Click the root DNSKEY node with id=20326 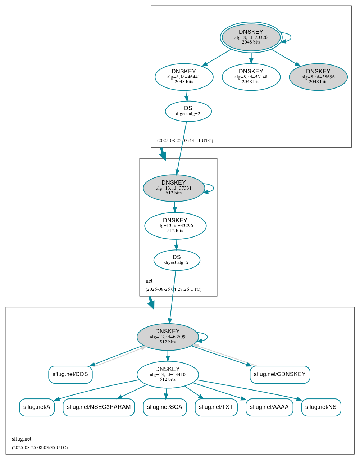(x=251, y=37)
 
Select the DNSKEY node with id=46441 (x=184, y=77)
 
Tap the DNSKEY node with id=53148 (x=251, y=77)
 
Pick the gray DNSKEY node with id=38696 (x=318, y=77)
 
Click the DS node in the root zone (x=188, y=111)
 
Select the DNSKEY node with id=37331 (x=174, y=188)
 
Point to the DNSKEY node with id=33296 (x=175, y=226)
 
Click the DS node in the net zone (x=177, y=260)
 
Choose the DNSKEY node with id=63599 (x=168, y=337)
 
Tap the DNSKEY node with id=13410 (x=168, y=375)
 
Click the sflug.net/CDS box (x=70, y=374)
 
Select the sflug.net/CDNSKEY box (x=279, y=374)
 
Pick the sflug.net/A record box (x=37, y=407)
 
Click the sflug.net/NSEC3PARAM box (x=99, y=407)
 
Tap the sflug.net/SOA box (x=165, y=407)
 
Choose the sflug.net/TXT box (x=216, y=407)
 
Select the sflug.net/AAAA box (x=269, y=407)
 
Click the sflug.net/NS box (x=321, y=407)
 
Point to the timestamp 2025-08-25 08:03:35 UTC (x=40, y=448)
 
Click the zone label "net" (x=149, y=281)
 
